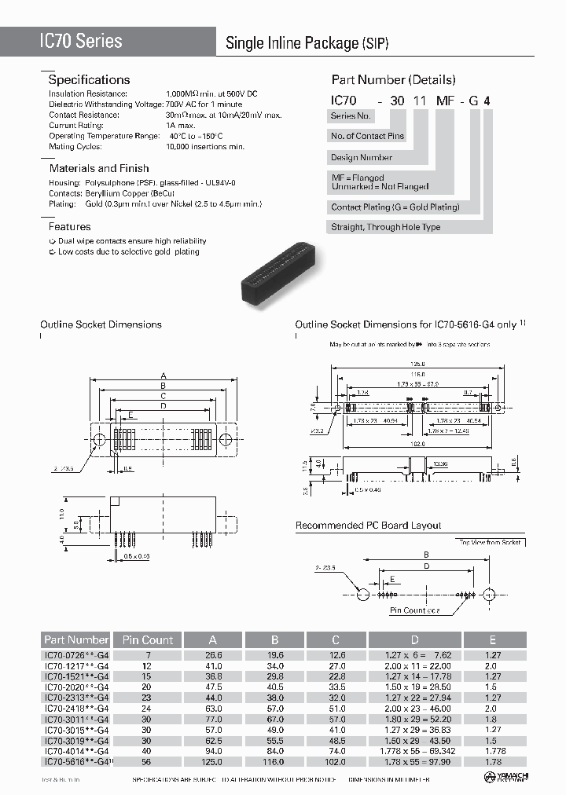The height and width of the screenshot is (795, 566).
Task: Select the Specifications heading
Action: tap(89, 80)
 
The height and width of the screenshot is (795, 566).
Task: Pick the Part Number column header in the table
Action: tap(76, 640)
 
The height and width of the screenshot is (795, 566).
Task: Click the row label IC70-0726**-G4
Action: tap(76, 654)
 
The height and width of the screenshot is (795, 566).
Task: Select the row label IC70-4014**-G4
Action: tap(76, 750)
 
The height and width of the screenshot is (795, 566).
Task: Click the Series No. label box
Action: tap(350, 116)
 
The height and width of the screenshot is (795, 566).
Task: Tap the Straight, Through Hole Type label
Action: tap(386, 228)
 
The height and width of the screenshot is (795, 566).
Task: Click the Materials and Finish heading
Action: tap(99, 168)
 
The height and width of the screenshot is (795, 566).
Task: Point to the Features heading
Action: tap(70, 227)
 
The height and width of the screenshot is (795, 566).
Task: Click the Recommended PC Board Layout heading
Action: tap(368, 526)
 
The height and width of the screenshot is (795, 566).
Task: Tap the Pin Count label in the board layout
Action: tap(415, 610)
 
